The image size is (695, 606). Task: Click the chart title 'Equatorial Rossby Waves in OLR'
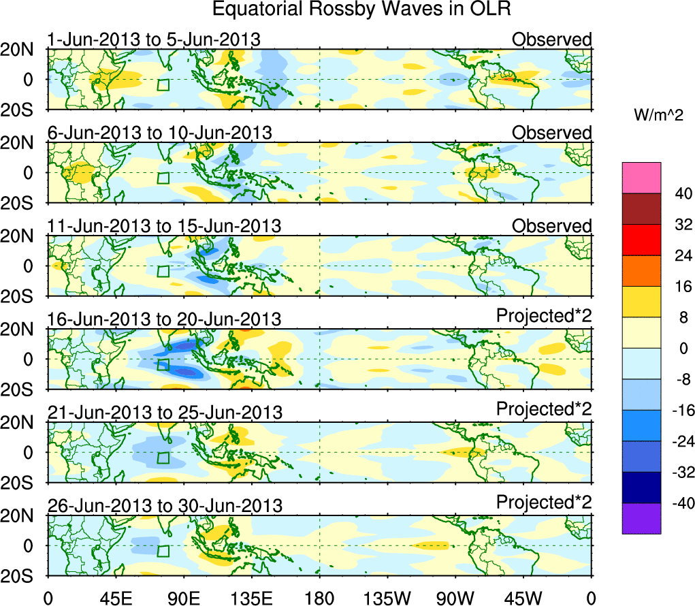pos(361,10)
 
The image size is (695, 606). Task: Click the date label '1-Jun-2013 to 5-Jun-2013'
pos(154,39)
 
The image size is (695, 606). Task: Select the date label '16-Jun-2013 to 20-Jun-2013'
pos(163,319)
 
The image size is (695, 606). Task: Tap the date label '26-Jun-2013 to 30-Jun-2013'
pos(163,505)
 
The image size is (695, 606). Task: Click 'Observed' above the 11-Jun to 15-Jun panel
pos(552,225)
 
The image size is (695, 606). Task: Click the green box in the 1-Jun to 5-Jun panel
pos(163,85)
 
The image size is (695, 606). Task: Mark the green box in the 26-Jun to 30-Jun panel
pos(163,552)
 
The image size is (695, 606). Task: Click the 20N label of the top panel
pos(22,50)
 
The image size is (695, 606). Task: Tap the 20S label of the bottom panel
pos(22,576)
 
